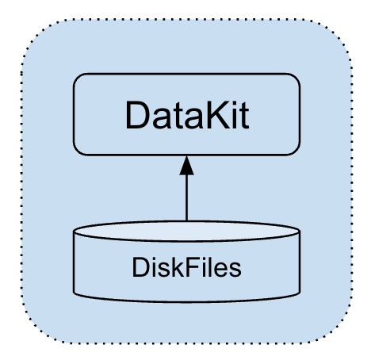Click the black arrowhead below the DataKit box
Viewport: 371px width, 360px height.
pyautogui.click(x=186, y=166)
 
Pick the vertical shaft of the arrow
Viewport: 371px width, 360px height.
pyautogui.click(x=186, y=197)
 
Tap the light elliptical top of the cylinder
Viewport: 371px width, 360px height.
pyautogui.click(x=186, y=232)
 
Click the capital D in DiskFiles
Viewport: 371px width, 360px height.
pyautogui.click(x=140, y=267)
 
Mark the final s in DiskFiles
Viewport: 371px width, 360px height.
pyautogui.click(x=235, y=270)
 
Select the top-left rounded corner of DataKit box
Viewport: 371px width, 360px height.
pyautogui.click(x=77, y=78)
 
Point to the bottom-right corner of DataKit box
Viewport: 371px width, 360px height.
pyautogui.click(x=296, y=151)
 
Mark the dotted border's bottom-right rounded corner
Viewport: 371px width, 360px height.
pyautogui.click(x=338, y=331)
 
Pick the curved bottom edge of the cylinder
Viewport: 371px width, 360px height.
pyautogui.click(x=186, y=302)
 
